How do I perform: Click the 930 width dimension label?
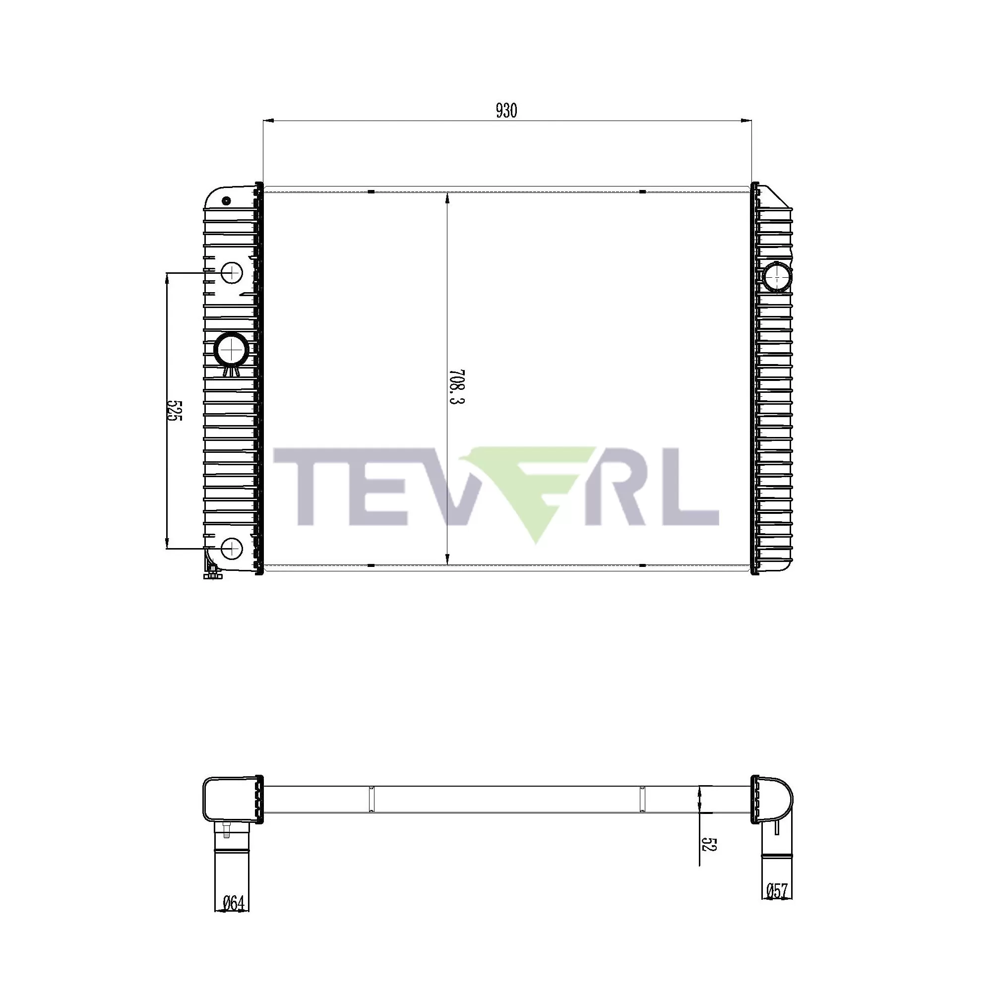point(506,111)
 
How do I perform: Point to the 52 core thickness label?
point(709,845)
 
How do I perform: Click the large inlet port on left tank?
point(232,349)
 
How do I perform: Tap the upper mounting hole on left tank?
point(232,273)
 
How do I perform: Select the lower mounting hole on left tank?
point(232,549)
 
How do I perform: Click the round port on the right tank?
point(776,277)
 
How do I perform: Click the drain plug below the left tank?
point(213,574)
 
